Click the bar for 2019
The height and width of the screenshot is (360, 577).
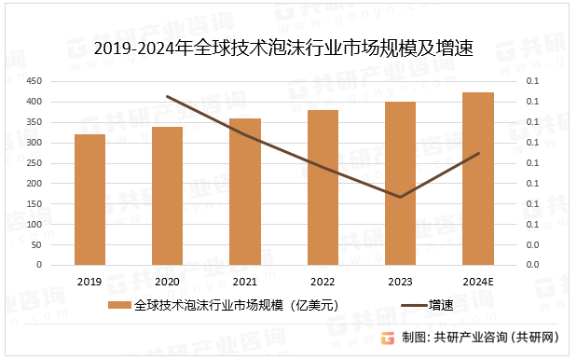pyautogui.click(x=89, y=200)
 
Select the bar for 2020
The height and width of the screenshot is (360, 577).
pyautogui.click(x=167, y=196)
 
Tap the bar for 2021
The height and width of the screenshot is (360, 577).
pyautogui.click(x=245, y=191)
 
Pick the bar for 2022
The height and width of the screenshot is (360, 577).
pyautogui.click(x=323, y=187)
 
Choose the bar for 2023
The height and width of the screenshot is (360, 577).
pyautogui.click(x=401, y=183)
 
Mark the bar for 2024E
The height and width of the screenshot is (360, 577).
pyautogui.click(x=478, y=178)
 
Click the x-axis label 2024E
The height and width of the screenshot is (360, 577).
pyautogui.click(x=478, y=282)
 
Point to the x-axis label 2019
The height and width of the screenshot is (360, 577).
pyautogui.click(x=89, y=282)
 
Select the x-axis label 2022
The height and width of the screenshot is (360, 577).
pyautogui.click(x=323, y=282)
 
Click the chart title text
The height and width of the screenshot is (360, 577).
pyautogui.click(x=283, y=49)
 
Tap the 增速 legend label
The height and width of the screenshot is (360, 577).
pyautogui.click(x=441, y=305)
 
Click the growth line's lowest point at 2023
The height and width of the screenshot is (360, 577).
pyautogui.click(x=401, y=197)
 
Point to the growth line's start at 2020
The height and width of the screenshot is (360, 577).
pyautogui.click(x=167, y=96)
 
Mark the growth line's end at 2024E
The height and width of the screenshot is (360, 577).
pyautogui.click(x=478, y=153)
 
